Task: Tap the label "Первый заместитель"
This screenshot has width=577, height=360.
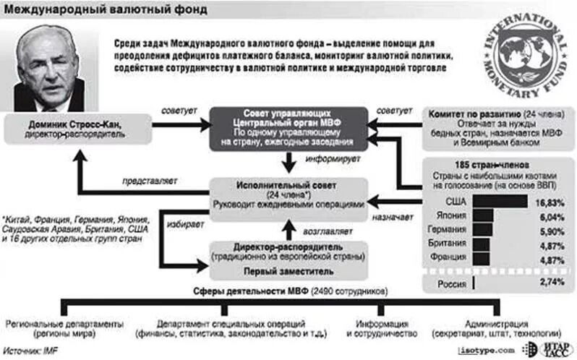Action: pyautogui.click(x=288, y=271)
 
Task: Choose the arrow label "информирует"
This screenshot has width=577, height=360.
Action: pyautogui.click(x=328, y=157)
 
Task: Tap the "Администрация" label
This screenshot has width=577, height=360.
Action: pyautogui.click(x=495, y=324)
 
